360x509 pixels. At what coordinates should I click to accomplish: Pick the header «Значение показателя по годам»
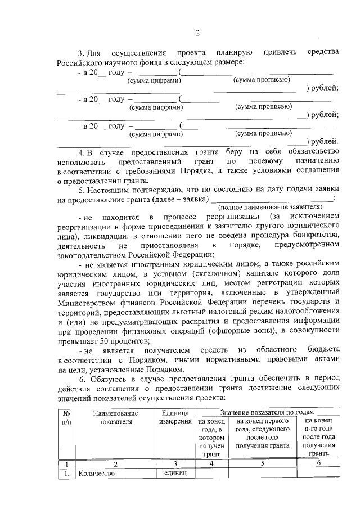tap(267, 413)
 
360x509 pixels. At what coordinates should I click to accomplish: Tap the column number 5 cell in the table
tap(262, 463)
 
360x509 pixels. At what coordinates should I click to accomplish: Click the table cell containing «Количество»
tap(97, 474)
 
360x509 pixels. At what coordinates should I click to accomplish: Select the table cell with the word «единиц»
tap(175, 474)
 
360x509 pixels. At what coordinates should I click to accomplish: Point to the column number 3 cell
tap(175, 463)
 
